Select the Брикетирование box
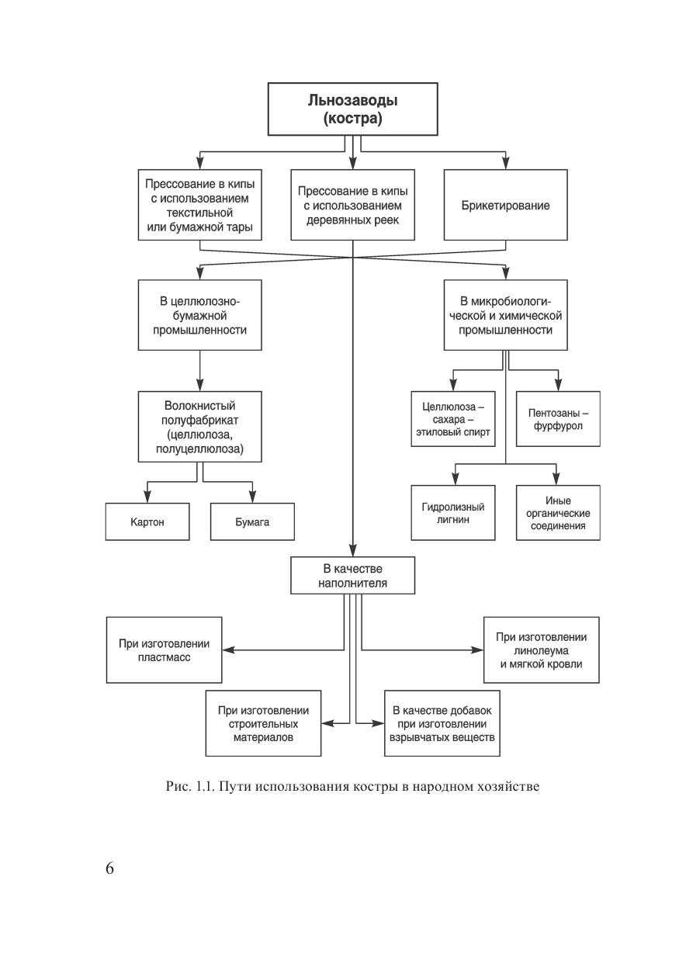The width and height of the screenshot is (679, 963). coord(505,206)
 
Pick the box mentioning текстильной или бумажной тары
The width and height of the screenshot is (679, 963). coord(200,206)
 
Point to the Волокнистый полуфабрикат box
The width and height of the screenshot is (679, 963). coord(200,427)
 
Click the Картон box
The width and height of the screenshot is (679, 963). coord(147,522)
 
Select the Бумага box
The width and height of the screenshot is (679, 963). coord(252,522)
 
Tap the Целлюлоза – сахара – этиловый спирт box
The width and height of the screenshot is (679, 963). coord(453,419)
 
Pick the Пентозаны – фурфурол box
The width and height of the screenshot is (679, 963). coord(558,419)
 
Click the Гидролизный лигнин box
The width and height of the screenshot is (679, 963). coord(453,513)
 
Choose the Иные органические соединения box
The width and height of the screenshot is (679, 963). coord(558,513)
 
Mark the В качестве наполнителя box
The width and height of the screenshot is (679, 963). coord(353,575)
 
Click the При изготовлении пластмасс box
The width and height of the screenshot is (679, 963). coord(164,650)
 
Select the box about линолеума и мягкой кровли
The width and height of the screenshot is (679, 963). coord(541,650)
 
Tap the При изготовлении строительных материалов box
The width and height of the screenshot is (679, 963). coord(263,723)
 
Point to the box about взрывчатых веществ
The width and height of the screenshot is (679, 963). coord(442,723)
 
